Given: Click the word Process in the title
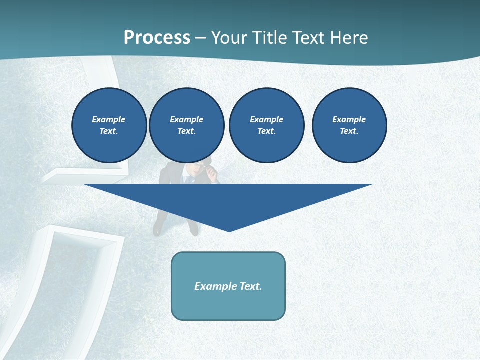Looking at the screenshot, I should coord(157,38).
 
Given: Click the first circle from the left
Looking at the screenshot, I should coord(109,125).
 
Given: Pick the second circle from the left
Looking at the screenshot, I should coord(187,125).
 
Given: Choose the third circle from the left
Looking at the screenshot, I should coord(267,125).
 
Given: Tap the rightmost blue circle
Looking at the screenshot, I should coord(349,125).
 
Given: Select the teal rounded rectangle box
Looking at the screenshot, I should coord(228,286).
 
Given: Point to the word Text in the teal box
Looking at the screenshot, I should coord(251,286).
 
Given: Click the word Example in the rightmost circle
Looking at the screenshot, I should coord(349,119).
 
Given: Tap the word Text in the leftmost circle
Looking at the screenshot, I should coord(109,131).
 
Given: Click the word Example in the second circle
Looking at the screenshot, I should coord(187,119).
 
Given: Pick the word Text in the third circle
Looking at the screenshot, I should coord(266,131).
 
